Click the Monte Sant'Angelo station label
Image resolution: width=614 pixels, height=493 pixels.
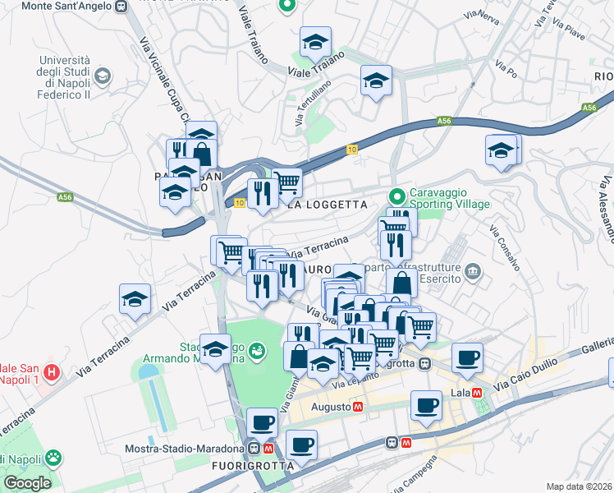click(57, 7)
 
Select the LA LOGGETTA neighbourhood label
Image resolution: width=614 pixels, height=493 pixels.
click(326, 205)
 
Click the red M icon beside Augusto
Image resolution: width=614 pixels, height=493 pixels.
click(359, 406)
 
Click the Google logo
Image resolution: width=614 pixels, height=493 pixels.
click(27, 483)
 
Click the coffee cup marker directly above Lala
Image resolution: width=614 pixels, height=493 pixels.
click(467, 358)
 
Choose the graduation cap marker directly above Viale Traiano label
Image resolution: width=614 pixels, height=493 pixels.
click(315, 43)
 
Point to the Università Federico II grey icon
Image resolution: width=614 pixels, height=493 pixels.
click(103, 77)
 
